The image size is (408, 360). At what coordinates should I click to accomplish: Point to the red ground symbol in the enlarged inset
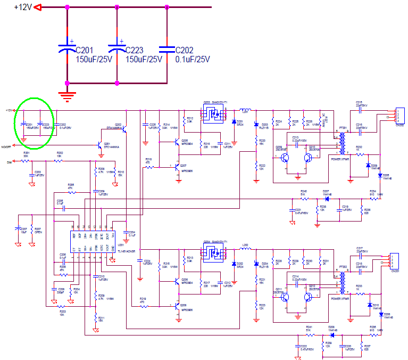click(x=66, y=96)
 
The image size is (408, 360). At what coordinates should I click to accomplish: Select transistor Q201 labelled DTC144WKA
click(x=100, y=145)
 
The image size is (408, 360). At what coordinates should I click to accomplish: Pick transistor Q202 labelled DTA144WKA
click(x=123, y=127)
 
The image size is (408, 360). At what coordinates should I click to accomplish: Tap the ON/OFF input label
click(x=6, y=146)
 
